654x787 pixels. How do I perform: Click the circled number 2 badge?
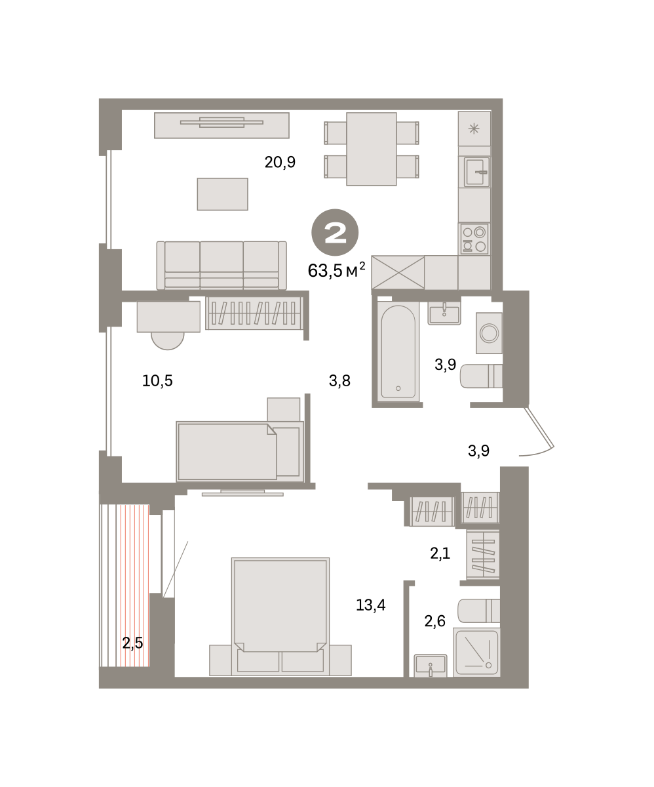[335, 233]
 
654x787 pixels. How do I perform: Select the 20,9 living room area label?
[280, 162]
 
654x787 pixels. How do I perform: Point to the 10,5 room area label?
[157, 380]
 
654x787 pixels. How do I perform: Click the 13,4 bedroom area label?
[371, 605]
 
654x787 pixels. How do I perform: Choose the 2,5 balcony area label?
[132, 643]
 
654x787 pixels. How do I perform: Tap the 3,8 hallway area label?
[339, 380]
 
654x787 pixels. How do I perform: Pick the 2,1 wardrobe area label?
[440, 554]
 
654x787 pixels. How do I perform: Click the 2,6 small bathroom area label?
[434, 621]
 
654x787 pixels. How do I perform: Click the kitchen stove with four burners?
[474, 239]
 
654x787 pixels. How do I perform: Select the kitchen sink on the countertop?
[476, 171]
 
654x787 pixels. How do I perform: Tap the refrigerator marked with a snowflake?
[474, 129]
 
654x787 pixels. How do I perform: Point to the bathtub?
[398, 352]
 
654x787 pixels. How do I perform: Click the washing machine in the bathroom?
[489, 333]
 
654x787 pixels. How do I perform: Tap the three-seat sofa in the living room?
[221, 266]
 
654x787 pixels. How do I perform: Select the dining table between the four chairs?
[372, 149]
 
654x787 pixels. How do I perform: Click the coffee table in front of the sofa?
[223, 194]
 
